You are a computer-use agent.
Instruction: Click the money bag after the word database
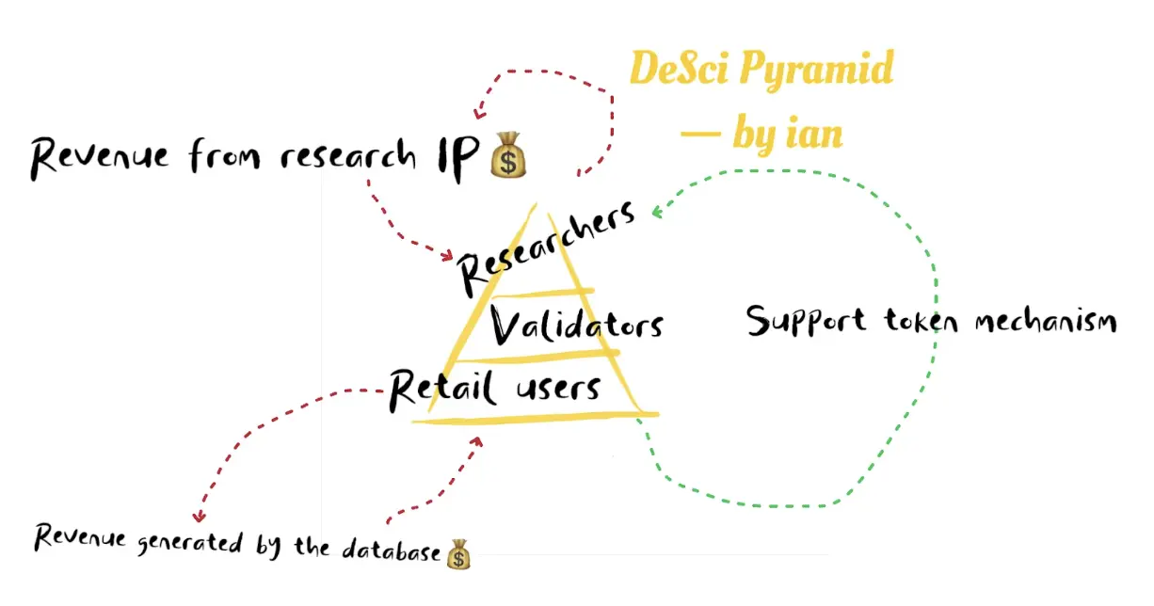pyautogui.click(x=458, y=553)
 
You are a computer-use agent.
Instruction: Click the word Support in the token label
pyautogui.click(x=805, y=321)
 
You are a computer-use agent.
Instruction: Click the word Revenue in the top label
pyautogui.click(x=101, y=155)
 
